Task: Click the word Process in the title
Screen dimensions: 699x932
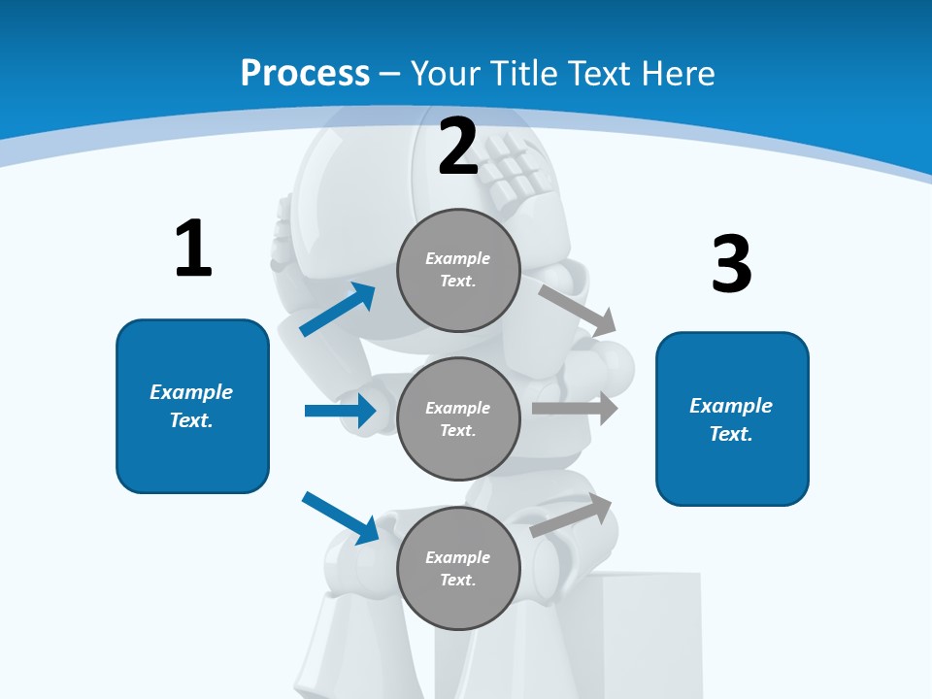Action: (305, 73)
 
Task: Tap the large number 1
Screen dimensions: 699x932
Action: (193, 249)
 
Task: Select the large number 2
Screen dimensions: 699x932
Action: (458, 147)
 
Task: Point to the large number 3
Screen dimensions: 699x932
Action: (731, 264)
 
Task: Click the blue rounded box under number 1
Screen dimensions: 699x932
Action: (192, 406)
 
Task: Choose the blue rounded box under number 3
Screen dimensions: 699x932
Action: (732, 418)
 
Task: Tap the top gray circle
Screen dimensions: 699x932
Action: (458, 270)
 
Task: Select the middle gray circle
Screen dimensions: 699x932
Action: (458, 418)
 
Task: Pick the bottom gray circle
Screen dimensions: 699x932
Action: (458, 568)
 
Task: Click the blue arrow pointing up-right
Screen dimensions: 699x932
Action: (338, 310)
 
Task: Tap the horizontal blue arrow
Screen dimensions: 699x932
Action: (341, 411)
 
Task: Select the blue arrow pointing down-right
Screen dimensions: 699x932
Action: (341, 517)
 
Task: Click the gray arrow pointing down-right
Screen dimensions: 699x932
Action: (578, 310)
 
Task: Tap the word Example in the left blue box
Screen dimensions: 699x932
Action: (191, 392)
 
